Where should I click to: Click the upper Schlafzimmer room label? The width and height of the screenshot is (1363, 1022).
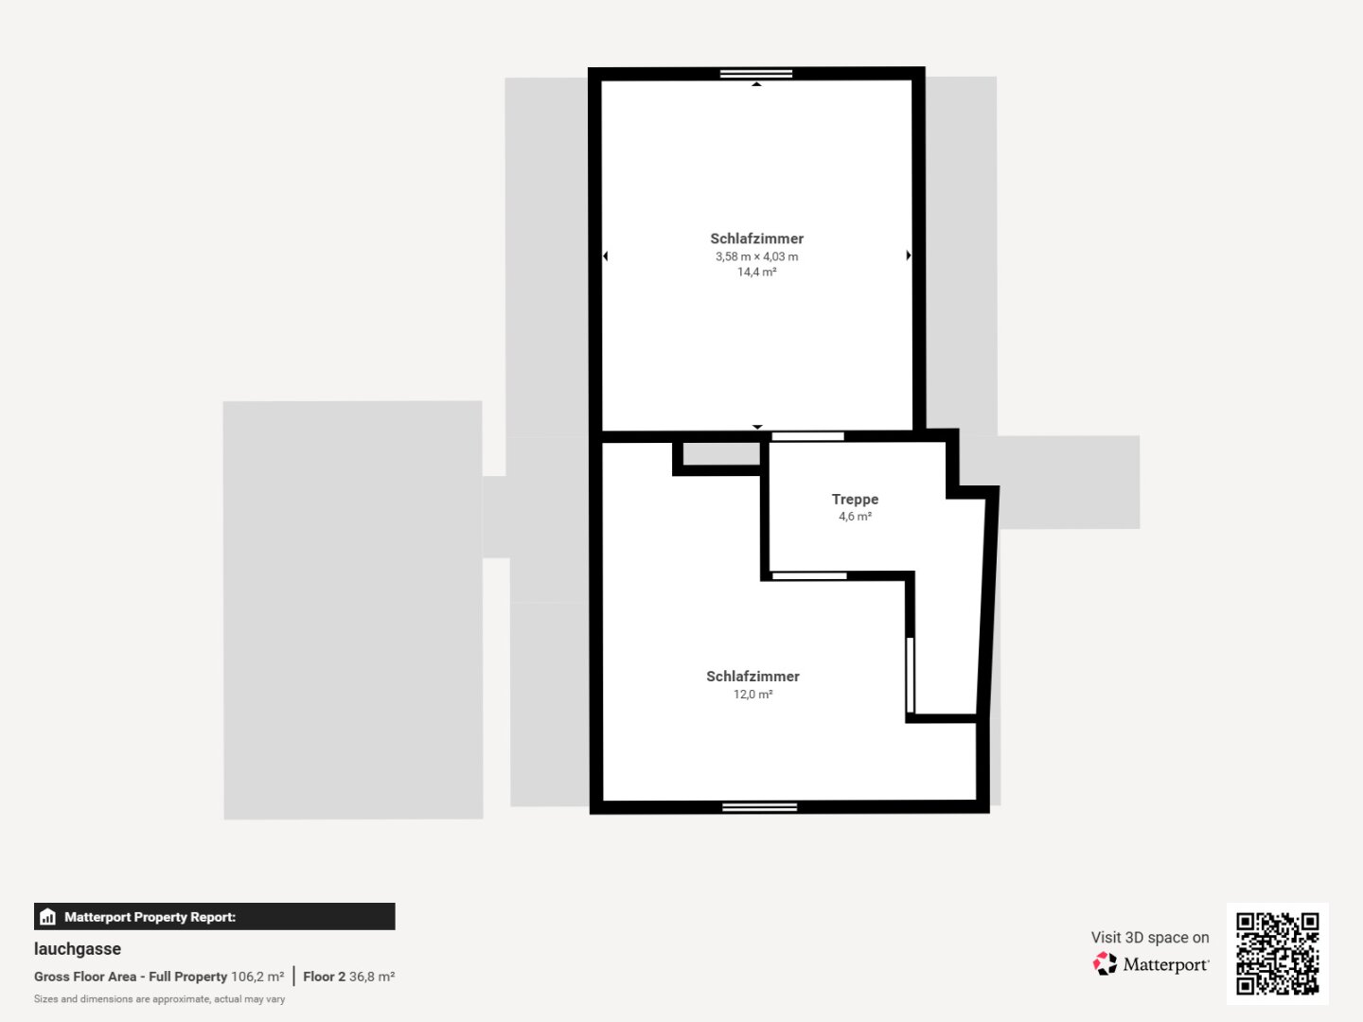click(756, 238)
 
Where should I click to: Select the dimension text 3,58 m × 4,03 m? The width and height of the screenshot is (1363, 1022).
click(756, 256)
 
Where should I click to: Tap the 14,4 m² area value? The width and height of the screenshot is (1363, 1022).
click(756, 272)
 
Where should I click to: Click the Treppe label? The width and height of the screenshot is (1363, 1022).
click(855, 500)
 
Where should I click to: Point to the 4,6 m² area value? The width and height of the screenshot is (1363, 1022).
click(855, 517)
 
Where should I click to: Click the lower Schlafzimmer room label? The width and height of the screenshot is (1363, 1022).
click(752, 677)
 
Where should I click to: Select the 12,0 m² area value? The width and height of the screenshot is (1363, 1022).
click(752, 694)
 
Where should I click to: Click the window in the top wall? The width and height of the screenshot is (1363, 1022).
click(756, 74)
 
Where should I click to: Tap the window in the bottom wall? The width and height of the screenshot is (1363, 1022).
click(759, 807)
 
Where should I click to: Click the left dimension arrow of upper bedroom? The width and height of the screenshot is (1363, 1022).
click(606, 255)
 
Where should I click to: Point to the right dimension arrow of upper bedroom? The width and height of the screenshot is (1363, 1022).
click(909, 255)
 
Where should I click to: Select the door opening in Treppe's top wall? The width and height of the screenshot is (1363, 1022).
click(808, 436)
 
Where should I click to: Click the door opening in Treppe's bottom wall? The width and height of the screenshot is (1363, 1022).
click(809, 576)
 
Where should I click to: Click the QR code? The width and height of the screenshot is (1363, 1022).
click(1277, 953)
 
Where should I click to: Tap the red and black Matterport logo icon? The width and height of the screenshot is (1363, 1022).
click(1105, 963)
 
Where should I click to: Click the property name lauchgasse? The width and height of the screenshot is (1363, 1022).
click(78, 949)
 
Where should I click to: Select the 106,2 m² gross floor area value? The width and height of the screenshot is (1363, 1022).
click(257, 977)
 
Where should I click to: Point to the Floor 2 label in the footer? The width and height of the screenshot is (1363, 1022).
click(324, 977)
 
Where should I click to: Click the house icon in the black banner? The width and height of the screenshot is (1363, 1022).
click(48, 917)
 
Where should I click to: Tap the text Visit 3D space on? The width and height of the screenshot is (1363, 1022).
click(1150, 937)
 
